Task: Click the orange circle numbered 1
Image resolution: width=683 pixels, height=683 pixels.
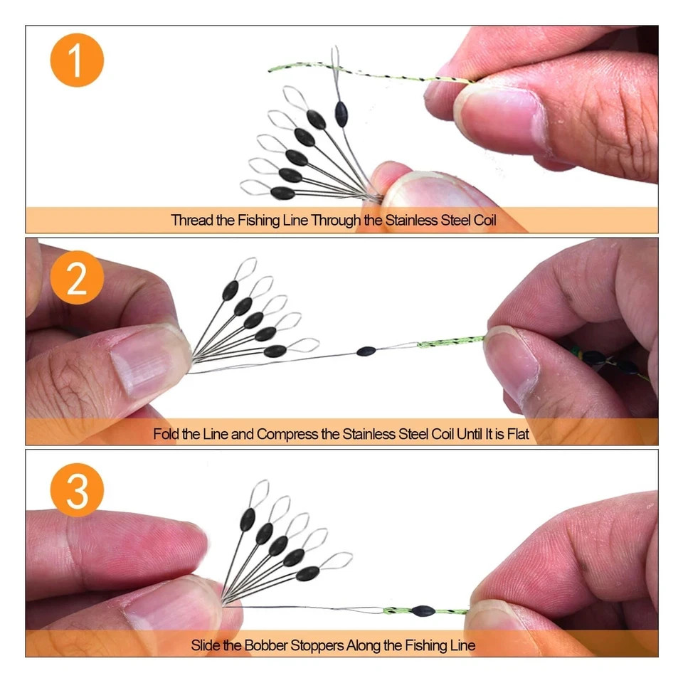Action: tap(77, 60)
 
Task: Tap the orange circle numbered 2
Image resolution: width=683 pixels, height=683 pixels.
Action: tap(77, 277)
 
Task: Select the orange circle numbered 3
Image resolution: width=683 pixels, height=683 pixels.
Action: tap(77, 490)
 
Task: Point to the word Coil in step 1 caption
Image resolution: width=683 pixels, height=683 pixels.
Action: tap(485, 221)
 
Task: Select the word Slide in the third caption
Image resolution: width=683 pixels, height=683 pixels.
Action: tap(206, 645)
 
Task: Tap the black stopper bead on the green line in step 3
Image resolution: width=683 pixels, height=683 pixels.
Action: tap(423, 611)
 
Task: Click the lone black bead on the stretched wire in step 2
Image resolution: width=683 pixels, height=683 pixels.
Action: tap(366, 351)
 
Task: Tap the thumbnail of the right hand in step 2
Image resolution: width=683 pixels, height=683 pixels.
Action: tap(512, 364)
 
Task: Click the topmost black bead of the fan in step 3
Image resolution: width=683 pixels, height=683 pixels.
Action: tap(248, 519)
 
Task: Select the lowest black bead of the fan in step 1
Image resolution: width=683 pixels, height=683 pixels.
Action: tap(282, 193)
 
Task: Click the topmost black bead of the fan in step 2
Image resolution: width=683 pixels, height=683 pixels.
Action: tap(231, 290)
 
